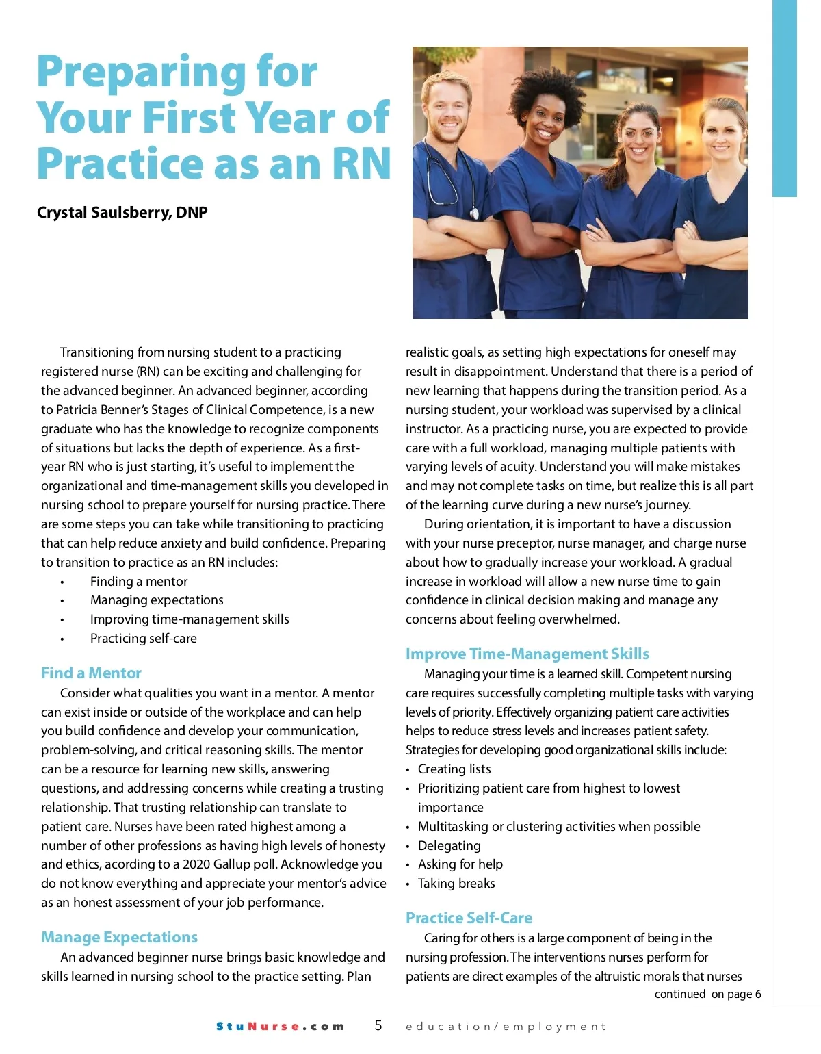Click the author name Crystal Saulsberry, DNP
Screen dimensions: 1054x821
point(122,212)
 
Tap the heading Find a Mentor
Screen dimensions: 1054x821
point(91,673)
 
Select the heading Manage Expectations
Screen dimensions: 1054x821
point(119,937)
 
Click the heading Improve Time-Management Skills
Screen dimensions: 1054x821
point(527,654)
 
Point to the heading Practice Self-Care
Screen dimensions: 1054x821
point(469,918)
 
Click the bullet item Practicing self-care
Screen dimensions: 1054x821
point(143,638)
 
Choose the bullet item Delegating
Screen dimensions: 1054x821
point(449,845)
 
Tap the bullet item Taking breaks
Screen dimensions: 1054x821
point(456,883)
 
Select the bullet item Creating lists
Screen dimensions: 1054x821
point(454,769)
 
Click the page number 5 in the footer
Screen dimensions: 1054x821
point(378,1025)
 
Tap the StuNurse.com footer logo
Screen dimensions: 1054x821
point(280,1026)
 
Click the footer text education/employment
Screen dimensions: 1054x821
point(506,1026)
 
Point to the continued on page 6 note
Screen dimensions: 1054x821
point(707,994)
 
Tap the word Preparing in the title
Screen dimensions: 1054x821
point(177,72)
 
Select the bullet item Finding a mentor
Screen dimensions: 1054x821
point(138,581)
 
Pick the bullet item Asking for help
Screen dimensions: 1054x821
point(460,864)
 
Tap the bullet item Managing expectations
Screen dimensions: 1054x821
point(157,600)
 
